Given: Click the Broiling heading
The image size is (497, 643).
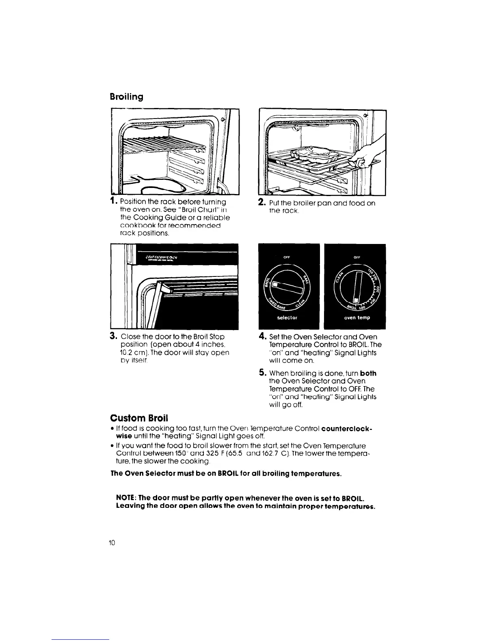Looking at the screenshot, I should (x=127, y=97).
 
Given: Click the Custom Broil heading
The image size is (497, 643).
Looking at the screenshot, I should (x=139, y=418).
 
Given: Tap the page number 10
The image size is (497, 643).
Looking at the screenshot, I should (x=112, y=543).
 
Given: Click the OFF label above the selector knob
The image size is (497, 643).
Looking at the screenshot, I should (x=287, y=257).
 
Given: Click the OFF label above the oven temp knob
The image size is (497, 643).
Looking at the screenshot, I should (x=357, y=257).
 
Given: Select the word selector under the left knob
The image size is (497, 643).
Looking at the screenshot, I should (x=287, y=318).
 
